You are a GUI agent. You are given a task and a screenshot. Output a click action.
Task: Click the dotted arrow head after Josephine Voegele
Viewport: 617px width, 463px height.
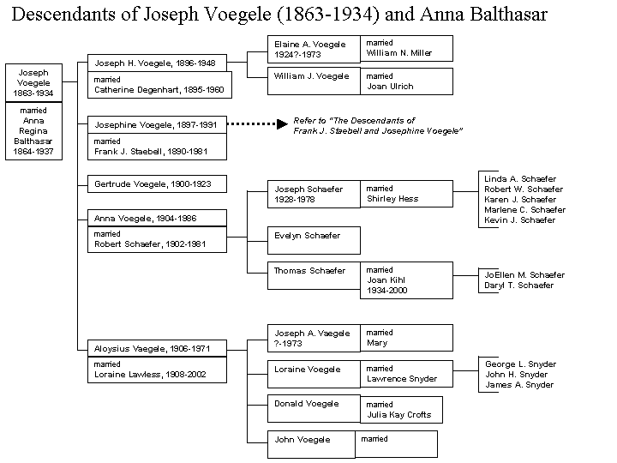283,124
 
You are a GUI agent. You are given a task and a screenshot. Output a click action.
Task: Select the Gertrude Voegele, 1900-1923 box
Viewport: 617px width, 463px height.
157,183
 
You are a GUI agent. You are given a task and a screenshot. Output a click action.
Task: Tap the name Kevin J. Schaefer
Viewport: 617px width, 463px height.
519,220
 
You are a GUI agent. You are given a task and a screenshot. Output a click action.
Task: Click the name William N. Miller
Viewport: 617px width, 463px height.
399,53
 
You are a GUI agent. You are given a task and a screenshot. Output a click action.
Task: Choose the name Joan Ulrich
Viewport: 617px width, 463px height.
390,87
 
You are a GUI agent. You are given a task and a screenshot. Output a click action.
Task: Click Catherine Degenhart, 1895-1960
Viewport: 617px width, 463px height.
159,90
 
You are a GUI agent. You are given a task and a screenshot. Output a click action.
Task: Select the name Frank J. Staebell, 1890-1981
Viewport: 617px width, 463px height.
151,152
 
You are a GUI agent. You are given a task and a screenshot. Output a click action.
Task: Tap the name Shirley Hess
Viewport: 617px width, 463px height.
392,199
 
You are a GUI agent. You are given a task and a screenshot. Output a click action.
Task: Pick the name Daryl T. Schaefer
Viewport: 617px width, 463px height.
518,286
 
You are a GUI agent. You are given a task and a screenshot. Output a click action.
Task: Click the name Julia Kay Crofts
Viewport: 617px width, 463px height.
399,415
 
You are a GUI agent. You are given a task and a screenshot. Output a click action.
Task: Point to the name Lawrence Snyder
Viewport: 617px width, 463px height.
402,379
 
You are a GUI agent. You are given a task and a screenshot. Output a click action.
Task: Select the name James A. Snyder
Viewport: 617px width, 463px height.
519,385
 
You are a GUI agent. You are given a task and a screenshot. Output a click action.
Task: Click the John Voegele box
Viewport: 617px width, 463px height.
311,444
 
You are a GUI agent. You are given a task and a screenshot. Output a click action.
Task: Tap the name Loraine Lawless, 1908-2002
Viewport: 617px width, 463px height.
150,375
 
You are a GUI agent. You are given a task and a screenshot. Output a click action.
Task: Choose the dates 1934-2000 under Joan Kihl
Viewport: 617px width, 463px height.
386,291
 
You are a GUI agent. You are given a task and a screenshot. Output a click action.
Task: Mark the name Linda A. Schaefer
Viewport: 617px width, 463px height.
520,178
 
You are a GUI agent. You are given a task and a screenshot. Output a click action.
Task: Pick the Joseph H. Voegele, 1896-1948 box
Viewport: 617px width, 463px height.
157,63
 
